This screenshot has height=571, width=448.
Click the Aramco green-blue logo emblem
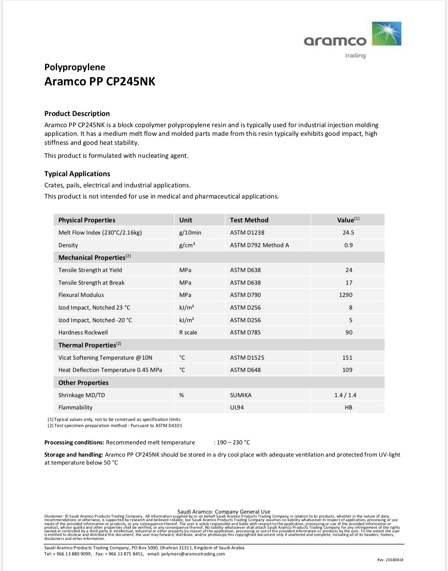pos(386,34)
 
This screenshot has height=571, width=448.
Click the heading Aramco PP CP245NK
pos(100,81)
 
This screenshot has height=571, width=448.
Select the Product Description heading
pos(77,114)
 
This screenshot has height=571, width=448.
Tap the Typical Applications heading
pos(77,174)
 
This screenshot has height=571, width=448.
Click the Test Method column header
pos(249,220)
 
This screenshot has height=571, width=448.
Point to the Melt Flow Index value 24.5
pos(348,233)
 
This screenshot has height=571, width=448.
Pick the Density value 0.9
pos(348,245)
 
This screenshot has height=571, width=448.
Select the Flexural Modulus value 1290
pos(345,295)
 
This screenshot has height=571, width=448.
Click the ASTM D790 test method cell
pos(245,295)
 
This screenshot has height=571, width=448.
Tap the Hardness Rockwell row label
pos(83,332)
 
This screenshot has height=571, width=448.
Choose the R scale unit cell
pos(188,332)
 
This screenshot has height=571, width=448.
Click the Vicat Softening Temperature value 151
pos(347,358)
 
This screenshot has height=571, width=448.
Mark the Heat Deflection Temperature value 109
pos(347,370)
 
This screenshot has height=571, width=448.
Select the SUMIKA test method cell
pos(241,395)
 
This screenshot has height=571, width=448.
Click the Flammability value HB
pos(348,407)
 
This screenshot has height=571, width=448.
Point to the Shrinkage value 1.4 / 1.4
pos(345,395)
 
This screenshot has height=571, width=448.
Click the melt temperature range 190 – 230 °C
pos(233,442)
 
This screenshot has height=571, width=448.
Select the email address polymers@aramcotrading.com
pos(193,554)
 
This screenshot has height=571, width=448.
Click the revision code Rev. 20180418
pos(390,560)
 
